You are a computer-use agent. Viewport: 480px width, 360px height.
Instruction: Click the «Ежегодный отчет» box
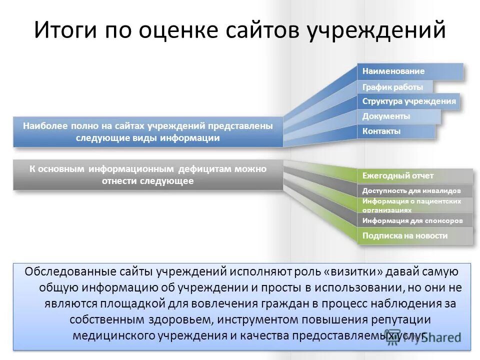414,176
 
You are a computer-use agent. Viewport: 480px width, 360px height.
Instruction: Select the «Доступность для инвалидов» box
414,191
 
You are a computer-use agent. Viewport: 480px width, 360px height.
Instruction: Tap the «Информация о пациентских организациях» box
414,205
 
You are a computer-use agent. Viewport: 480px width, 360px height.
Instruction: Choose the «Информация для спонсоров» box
414,220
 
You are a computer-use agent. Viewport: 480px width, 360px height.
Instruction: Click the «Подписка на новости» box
414,235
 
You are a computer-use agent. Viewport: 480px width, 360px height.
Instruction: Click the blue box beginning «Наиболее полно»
148,132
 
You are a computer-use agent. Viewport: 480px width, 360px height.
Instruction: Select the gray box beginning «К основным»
148,175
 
